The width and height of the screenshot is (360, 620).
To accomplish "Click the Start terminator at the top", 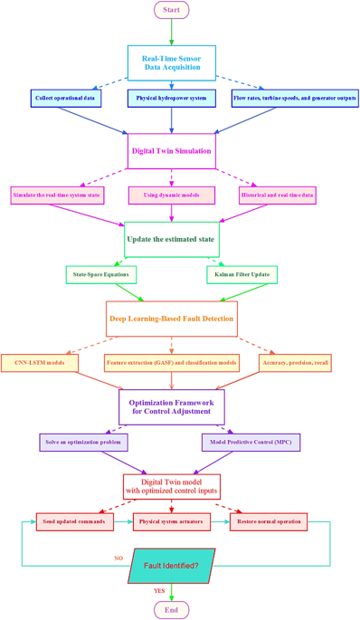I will pyautogui.click(x=172, y=10).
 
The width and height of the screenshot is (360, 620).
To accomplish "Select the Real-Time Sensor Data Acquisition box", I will pyautogui.click(x=172, y=62).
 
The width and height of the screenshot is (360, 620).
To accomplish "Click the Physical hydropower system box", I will pyautogui.click(x=172, y=98).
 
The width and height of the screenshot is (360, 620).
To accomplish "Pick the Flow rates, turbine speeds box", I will pyautogui.click(x=295, y=98).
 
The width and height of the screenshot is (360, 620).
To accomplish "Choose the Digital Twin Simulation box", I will pyautogui.click(x=172, y=151).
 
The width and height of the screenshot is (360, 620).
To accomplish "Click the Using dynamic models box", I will pyautogui.click(x=172, y=195).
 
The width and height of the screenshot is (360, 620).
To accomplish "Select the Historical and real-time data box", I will pyautogui.click(x=278, y=195).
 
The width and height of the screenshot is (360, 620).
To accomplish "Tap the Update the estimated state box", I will pyautogui.click(x=172, y=239).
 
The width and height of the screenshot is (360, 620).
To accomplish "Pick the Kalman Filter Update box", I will pyautogui.click(x=242, y=273).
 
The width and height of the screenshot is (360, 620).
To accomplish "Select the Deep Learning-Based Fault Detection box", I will pyautogui.click(x=172, y=319).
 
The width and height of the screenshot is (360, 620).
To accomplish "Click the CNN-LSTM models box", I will pyautogui.click(x=40, y=363).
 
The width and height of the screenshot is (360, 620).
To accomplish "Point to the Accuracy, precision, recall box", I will pyautogui.click(x=295, y=363).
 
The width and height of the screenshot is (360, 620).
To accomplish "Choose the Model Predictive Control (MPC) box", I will pyautogui.click(x=251, y=443).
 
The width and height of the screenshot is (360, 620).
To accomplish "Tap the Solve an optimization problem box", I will pyautogui.click(x=83, y=443).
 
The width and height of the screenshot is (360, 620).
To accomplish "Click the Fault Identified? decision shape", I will pyautogui.click(x=172, y=566).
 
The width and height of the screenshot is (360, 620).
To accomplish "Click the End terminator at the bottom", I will pyautogui.click(x=172, y=610).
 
